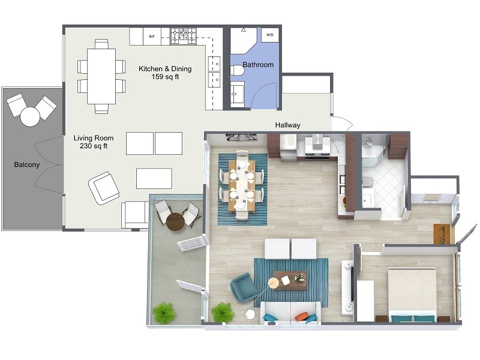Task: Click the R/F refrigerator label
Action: [x=151, y=36]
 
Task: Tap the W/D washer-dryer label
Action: [x=269, y=35]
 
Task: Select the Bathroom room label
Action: [x=258, y=65]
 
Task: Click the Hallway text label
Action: [x=287, y=125]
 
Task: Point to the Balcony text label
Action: [x=27, y=164]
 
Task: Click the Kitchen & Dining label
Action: [x=165, y=69]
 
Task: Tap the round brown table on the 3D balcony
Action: [x=175, y=222]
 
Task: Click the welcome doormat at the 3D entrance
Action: [x=443, y=233]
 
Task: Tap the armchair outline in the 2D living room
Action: [x=103, y=188]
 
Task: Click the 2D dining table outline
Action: [x=101, y=76]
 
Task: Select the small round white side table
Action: [x=250, y=314]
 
